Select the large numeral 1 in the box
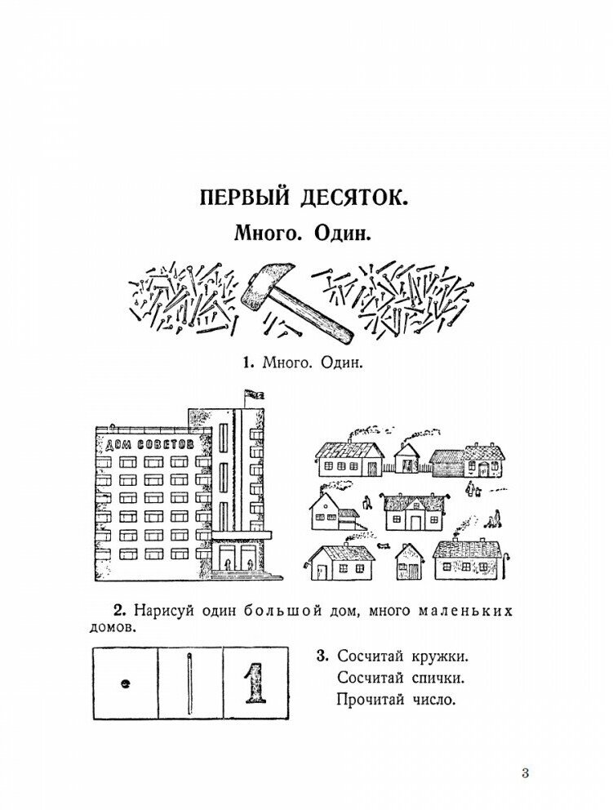pos(255,684)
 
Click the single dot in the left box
pos(125,684)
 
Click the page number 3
pos(525,773)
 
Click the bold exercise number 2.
pos(118,611)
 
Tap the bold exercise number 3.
pos(322,656)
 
